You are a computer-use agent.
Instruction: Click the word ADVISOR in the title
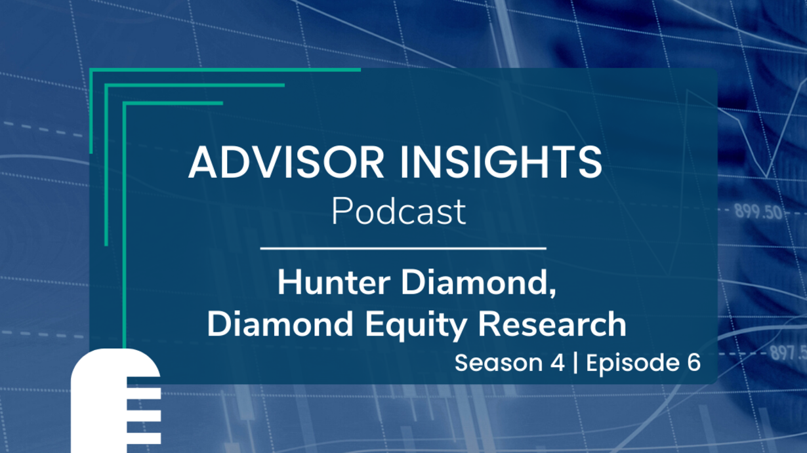click(287, 163)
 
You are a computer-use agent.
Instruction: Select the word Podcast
click(398, 211)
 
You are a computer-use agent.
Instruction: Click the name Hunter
click(334, 283)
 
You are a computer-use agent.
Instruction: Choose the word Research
click(552, 325)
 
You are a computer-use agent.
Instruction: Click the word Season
click(499, 363)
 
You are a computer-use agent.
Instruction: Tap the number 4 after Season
click(558, 363)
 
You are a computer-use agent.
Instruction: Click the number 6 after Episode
click(693, 363)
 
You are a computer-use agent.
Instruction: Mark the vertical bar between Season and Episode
click(575, 363)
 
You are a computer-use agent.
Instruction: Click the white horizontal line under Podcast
click(403, 248)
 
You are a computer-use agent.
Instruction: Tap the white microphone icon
click(115, 401)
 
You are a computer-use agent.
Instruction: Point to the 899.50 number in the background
click(758, 212)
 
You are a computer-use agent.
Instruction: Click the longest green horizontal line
click(225, 70)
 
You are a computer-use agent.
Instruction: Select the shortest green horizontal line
click(173, 104)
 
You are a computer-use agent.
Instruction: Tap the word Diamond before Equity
click(280, 325)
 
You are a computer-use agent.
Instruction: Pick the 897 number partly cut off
click(788, 352)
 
